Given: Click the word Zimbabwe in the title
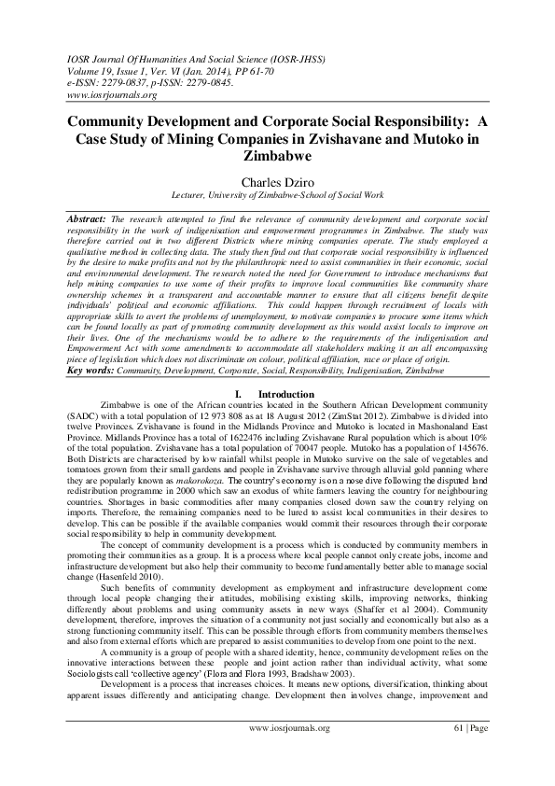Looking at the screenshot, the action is point(278,157).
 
